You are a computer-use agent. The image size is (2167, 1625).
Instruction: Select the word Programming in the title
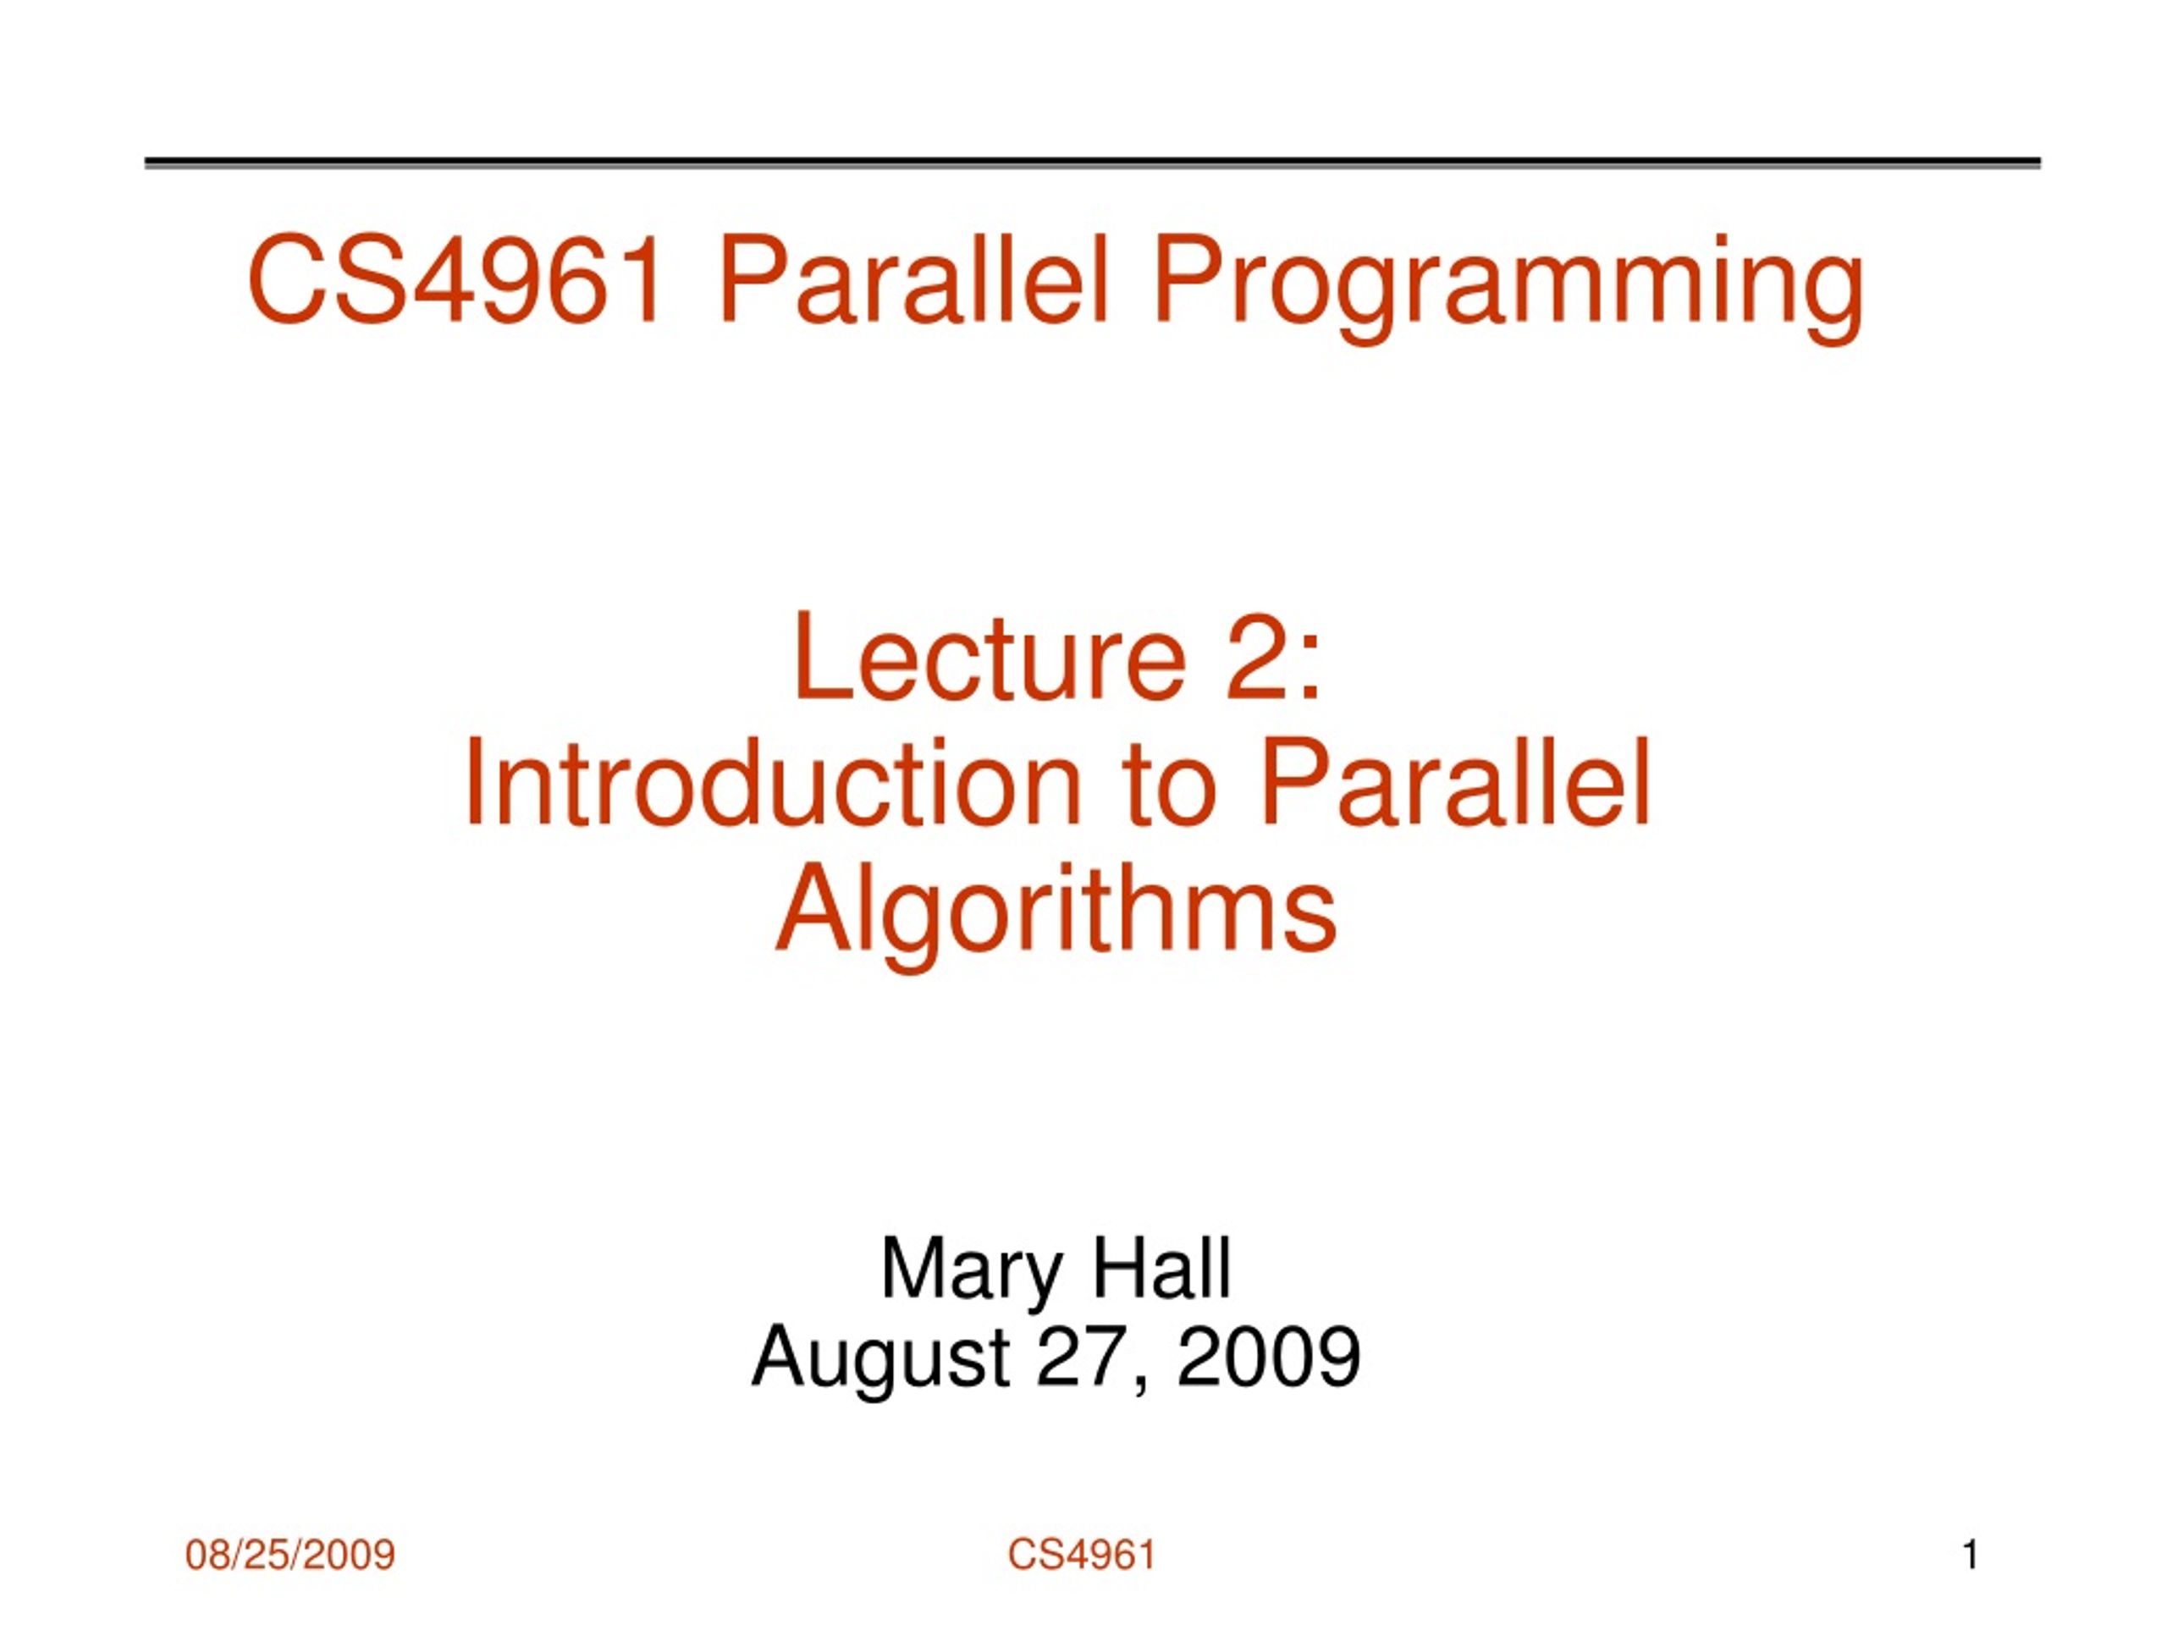[x=1508, y=289]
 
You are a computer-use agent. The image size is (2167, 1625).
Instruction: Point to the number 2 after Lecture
[x=1253, y=655]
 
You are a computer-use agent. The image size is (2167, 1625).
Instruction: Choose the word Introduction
[x=772, y=784]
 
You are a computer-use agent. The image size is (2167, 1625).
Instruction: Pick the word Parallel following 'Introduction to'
[x=1455, y=784]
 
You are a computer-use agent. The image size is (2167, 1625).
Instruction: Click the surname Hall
[x=1160, y=1268]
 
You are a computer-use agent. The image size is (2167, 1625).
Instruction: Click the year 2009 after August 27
[x=1268, y=1356]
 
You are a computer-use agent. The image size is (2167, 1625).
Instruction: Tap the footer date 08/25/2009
[x=290, y=1555]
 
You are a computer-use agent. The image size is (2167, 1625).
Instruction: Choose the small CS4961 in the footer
[x=1082, y=1555]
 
